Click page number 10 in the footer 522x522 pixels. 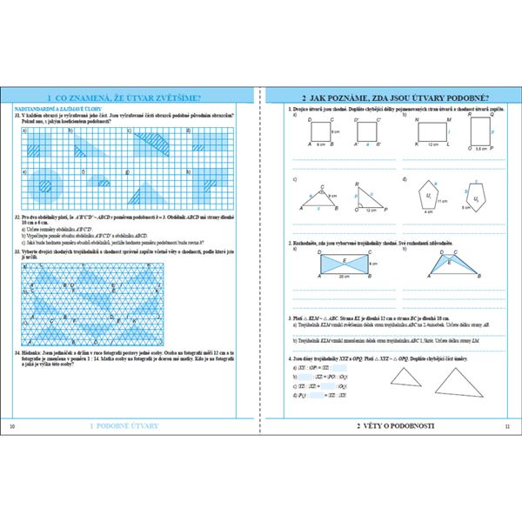[11, 426]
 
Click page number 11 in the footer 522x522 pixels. [507, 426]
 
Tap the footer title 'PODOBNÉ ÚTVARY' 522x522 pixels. [129, 426]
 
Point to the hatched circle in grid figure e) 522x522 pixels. [41, 184]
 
